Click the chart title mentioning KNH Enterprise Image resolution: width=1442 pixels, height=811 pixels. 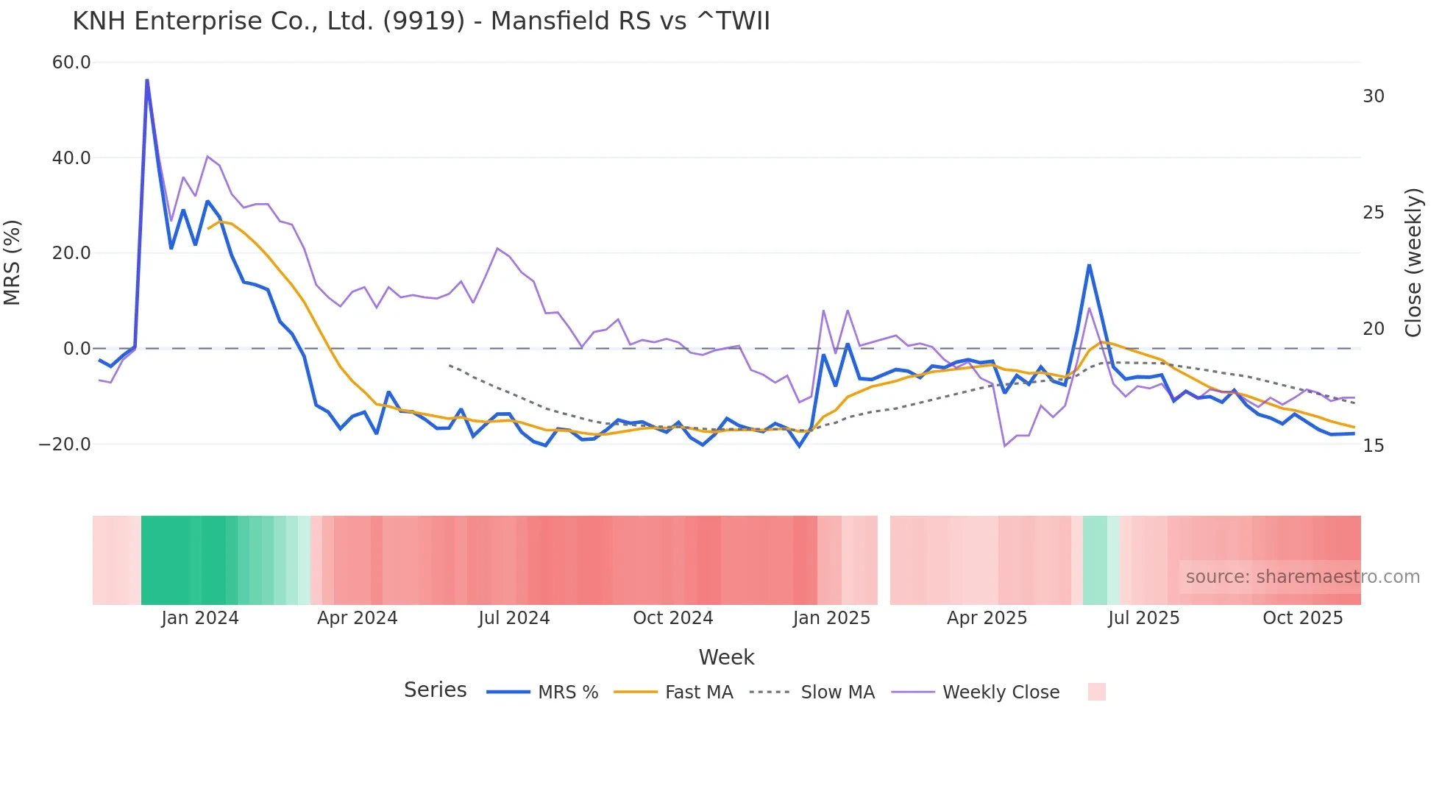(421, 21)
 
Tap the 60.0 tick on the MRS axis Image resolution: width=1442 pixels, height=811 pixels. (71, 63)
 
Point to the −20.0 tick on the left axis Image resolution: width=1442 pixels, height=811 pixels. (65, 445)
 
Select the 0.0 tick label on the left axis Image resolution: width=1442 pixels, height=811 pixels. (77, 349)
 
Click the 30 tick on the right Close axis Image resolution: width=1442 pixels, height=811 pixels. (1373, 96)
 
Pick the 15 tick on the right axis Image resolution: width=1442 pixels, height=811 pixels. (1373, 446)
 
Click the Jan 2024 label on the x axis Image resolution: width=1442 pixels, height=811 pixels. (200, 618)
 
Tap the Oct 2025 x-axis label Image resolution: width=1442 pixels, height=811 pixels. (1302, 618)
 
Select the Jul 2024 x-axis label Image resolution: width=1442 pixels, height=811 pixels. (514, 618)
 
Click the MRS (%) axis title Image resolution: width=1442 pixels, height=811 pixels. (13, 262)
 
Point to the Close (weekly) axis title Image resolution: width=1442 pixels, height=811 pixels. (1413, 262)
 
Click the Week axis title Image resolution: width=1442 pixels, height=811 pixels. (726, 657)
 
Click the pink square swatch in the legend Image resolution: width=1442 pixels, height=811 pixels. (1096, 692)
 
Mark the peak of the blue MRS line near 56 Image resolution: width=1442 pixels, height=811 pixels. (147, 80)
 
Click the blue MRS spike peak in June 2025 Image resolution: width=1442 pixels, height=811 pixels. (1089, 265)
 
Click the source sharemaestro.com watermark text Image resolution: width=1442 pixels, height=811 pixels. (1302, 577)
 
